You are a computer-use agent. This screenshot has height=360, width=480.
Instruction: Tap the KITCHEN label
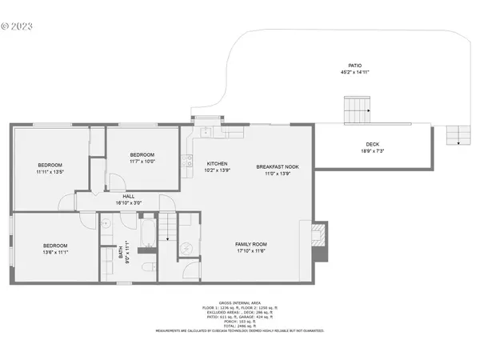coord(218,163)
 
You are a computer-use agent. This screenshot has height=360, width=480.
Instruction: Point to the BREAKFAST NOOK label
coord(273,166)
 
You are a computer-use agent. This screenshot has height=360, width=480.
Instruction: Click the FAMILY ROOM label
coord(250,244)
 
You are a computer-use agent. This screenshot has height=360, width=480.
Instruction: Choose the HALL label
coord(128,196)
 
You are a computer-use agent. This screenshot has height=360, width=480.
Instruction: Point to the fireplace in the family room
coord(318,240)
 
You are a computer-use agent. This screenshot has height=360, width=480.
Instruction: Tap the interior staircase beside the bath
coord(166,227)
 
